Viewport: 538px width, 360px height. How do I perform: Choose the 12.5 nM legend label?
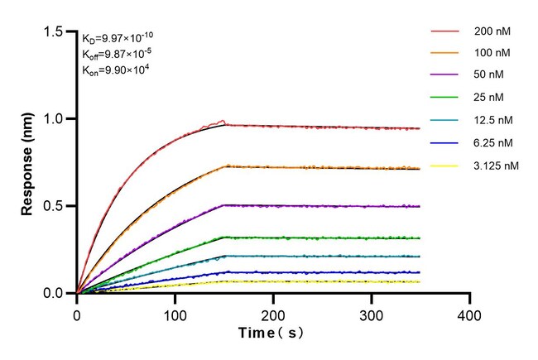(492, 122)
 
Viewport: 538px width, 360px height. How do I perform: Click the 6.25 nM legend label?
(492, 144)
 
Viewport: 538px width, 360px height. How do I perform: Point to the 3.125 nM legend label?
(496, 166)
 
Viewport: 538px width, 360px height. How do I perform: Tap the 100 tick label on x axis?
(175, 316)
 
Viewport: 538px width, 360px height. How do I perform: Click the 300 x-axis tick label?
(372, 316)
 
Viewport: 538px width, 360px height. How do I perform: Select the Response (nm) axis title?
(27, 162)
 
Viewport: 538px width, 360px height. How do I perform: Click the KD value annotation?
(117, 37)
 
